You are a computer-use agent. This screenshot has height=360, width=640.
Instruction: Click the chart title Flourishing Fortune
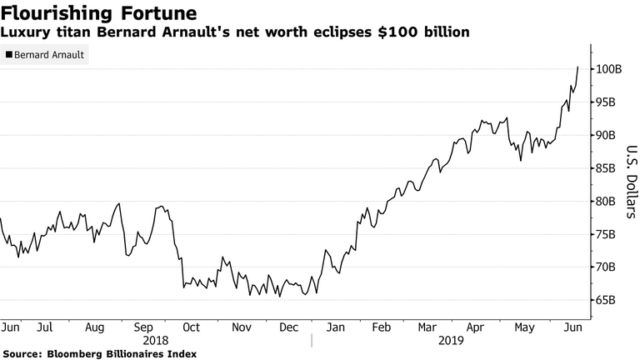click(x=100, y=13)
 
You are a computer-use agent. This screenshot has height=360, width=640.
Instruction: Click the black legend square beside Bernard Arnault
click(x=9, y=56)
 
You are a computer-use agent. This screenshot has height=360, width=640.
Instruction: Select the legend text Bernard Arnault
click(x=49, y=56)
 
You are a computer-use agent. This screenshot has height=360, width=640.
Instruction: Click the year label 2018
click(x=155, y=341)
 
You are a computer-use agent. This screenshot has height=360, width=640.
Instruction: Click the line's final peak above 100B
click(x=577, y=67)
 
